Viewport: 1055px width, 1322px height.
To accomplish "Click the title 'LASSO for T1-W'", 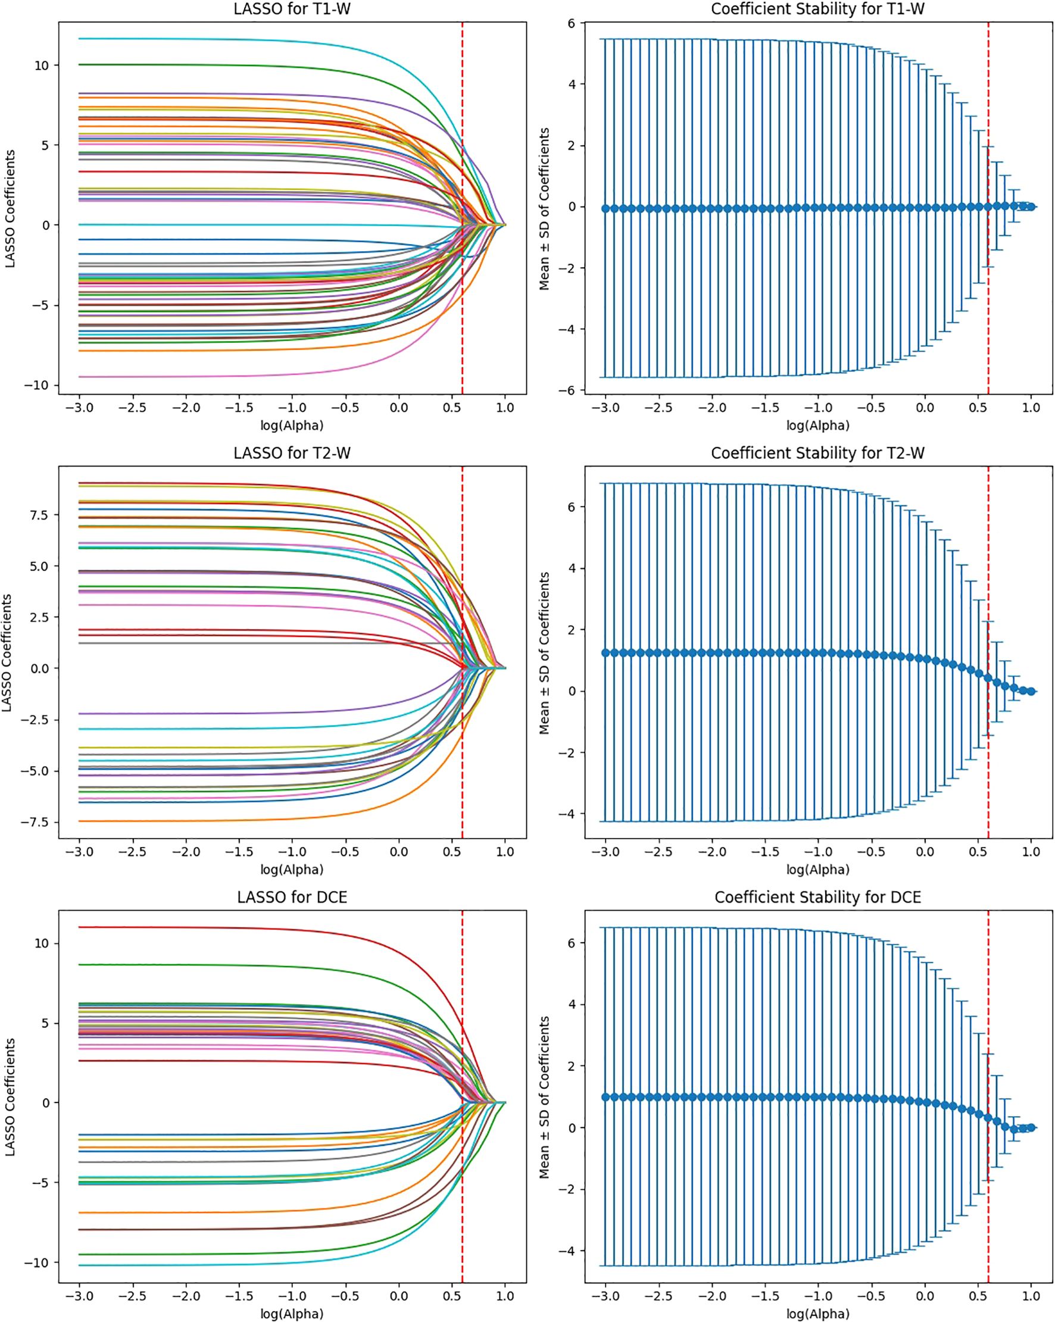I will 292,9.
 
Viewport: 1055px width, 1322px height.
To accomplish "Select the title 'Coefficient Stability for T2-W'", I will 817,453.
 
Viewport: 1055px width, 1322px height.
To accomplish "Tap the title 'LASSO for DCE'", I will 292,897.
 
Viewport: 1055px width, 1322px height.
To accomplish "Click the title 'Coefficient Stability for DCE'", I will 817,897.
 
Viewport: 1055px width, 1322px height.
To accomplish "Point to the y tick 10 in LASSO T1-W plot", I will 42,65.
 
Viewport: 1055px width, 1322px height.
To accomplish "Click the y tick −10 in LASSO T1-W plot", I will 38,385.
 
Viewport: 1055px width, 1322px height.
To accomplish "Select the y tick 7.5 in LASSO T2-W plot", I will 38,514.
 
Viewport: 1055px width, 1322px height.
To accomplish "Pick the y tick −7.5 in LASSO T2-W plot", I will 36,822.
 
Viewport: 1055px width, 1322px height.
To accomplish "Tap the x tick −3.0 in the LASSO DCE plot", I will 79,1296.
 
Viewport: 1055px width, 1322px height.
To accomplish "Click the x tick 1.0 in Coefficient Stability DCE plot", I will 1031,1296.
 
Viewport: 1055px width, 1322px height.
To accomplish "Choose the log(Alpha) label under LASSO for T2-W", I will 292,869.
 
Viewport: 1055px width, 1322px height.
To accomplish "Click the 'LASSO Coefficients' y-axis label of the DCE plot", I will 9,1098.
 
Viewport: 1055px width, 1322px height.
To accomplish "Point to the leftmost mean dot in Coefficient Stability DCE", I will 605,1097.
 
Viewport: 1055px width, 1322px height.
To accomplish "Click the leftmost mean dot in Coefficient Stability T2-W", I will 605,652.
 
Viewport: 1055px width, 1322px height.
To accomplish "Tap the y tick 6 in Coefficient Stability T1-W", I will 572,23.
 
